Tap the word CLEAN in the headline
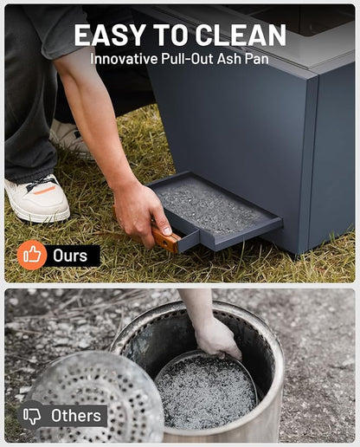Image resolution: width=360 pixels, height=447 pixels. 241,35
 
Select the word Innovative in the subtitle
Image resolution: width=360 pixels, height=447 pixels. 124,59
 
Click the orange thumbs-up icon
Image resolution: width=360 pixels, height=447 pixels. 32,255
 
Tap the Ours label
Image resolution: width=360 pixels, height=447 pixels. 70,256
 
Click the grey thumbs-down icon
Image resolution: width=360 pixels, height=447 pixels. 32,416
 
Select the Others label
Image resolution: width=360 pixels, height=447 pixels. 76,416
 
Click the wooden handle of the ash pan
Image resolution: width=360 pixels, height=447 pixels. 165,238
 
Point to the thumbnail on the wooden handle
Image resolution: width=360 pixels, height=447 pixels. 167,231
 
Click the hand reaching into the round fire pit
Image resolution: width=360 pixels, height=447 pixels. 217,338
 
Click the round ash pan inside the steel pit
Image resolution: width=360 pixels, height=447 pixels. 205,391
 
